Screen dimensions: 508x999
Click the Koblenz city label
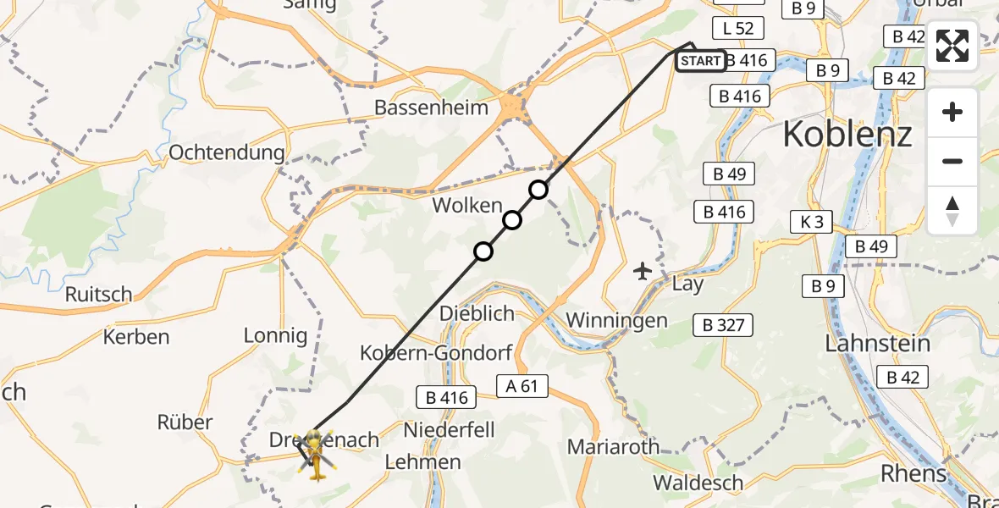click(847, 134)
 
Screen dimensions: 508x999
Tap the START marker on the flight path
click(700, 61)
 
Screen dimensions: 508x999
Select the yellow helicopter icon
click(316, 456)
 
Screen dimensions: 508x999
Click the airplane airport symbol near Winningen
click(643, 271)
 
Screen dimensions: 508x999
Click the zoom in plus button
click(952, 112)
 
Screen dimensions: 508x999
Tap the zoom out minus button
click(952, 161)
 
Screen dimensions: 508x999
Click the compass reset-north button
click(952, 210)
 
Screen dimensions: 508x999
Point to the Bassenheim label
click(432, 108)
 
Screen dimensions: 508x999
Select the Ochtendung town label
click(227, 152)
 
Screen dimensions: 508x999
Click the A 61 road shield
click(522, 387)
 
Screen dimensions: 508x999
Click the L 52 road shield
click(738, 28)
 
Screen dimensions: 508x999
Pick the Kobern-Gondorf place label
click(426, 352)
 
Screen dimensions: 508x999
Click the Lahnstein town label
click(877, 344)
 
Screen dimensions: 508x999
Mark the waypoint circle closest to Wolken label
click(511, 221)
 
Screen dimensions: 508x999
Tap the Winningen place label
click(616, 320)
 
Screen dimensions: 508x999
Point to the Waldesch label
click(698, 483)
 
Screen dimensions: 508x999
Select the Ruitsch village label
click(98, 295)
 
